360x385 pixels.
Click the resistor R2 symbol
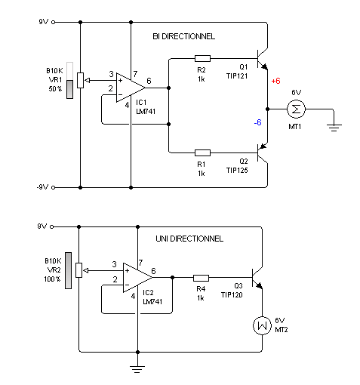click(202, 59)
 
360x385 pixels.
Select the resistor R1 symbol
click(202, 152)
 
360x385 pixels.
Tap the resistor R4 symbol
click(201, 278)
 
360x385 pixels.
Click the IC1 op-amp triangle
click(131, 88)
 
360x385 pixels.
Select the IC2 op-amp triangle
click(137, 278)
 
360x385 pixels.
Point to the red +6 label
click(275, 81)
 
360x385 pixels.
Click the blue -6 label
click(258, 122)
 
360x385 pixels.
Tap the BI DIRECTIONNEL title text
click(184, 36)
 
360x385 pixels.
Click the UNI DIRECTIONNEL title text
click(189, 239)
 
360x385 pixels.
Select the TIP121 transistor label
click(237, 76)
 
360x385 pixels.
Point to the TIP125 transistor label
click(237, 171)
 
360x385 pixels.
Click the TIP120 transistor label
click(232, 295)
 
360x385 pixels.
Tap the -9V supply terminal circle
click(54, 187)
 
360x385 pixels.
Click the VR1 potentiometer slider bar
click(69, 80)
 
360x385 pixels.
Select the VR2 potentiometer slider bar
click(68, 270)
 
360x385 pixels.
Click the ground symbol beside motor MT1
click(334, 128)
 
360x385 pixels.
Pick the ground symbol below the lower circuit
click(137, 369)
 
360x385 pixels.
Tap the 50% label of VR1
click(55, 89)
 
